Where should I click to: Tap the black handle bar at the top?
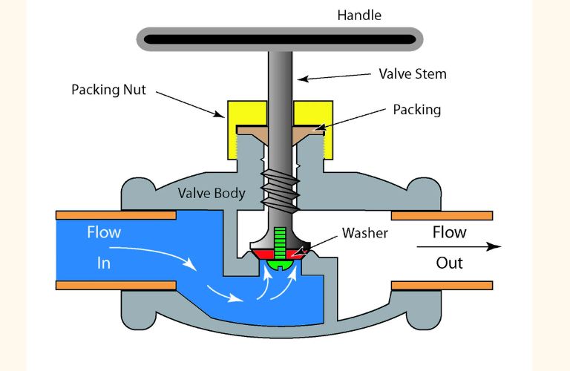(278, 39)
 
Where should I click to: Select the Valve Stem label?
(413, 74)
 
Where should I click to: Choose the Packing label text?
(416, 110)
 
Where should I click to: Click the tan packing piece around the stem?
(252, 131)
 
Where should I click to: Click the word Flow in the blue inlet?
(104, 232)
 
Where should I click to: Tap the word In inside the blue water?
(103, 263)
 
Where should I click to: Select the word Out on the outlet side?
(449, 263)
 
